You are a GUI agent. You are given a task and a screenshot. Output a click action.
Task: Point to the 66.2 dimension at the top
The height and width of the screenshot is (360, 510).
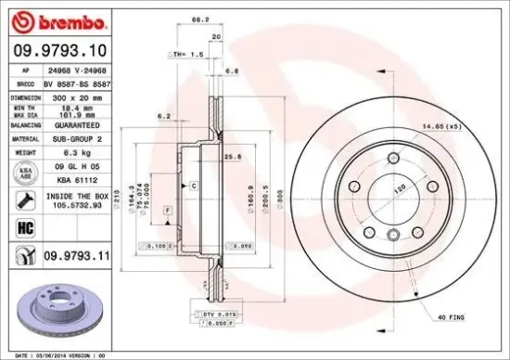click(198, 19)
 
